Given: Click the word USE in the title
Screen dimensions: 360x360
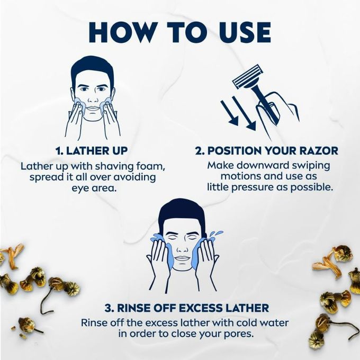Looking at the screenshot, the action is (244, 32).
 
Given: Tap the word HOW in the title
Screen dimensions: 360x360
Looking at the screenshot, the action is (121, 32).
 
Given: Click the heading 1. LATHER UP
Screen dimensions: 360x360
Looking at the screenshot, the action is (92, 151).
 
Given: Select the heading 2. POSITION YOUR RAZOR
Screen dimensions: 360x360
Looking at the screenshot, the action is (266, 151).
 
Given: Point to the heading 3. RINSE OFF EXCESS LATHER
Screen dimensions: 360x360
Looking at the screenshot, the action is (187, 308).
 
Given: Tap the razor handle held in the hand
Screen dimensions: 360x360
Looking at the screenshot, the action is (264, 102).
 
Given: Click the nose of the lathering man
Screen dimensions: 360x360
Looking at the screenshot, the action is (93, 98).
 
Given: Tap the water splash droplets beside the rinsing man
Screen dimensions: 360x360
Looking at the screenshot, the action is (217, 234).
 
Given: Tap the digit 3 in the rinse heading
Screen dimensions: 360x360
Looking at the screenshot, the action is (108, 308).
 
